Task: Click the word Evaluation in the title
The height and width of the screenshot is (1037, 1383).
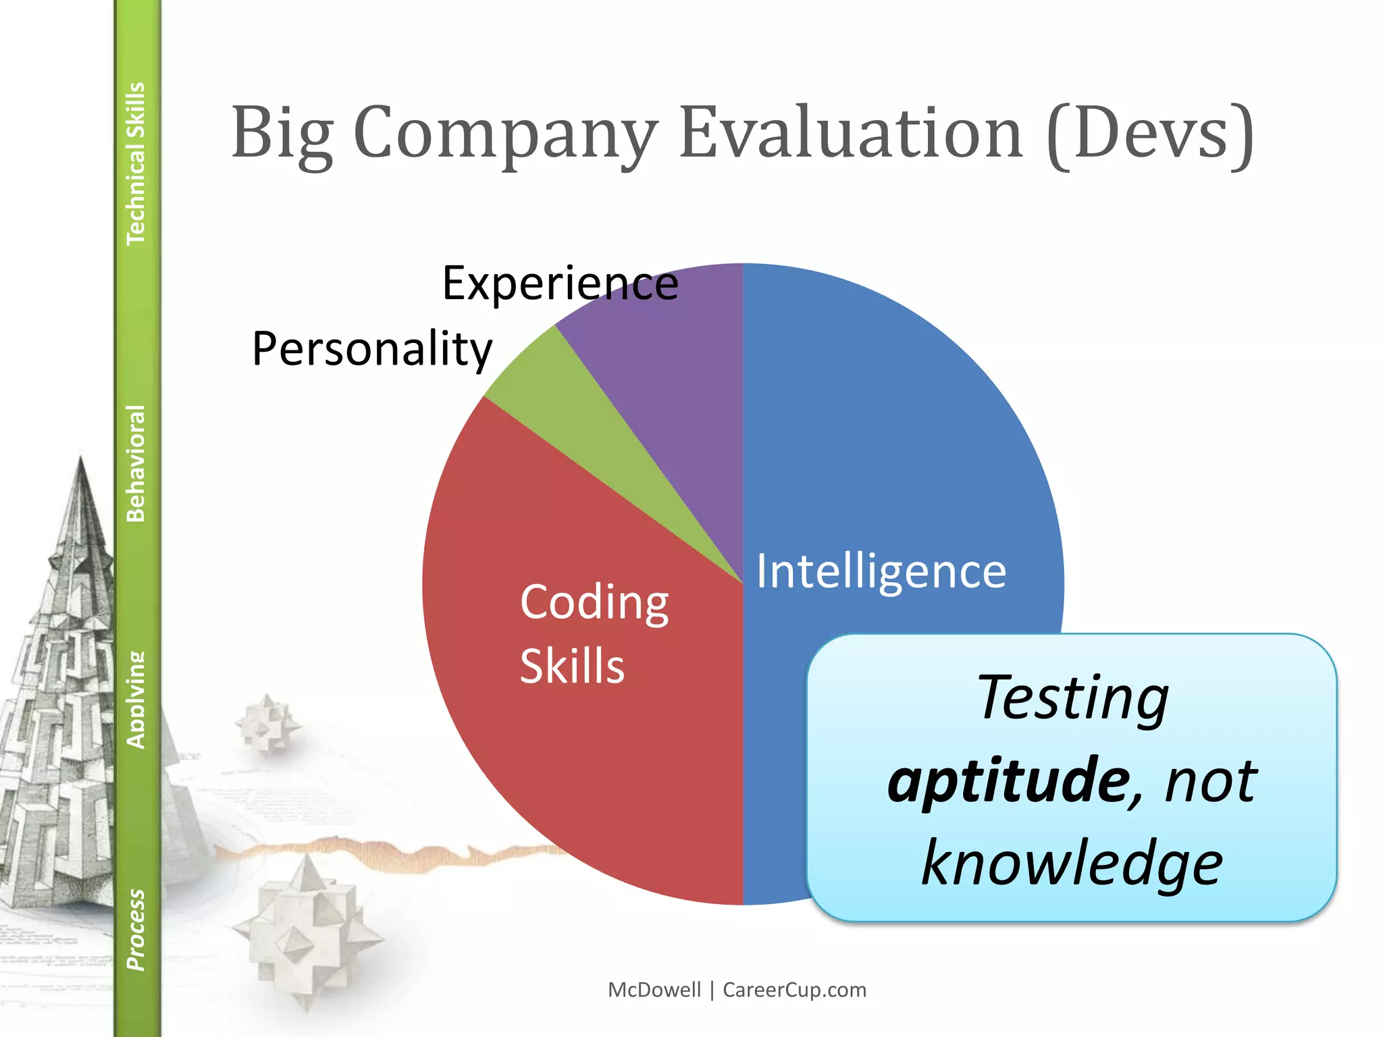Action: pos(851,133)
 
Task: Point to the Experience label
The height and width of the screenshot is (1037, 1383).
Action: pos(560,284)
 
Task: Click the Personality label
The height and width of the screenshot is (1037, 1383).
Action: pos(372,349)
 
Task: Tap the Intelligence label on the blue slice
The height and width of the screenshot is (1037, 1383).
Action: pos(881,572)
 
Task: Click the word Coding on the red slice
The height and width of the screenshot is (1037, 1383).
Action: pos(594,602)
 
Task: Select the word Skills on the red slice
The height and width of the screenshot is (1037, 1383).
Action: pos(572,666)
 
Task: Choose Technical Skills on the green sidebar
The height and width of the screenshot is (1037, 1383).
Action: pos(136,163)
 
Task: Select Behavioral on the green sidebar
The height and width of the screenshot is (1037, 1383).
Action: pos(136,463)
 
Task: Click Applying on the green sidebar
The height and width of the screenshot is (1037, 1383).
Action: pos(136,700)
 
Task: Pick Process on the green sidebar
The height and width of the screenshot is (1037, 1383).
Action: pos(136,930)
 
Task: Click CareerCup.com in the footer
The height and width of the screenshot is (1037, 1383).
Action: pos(794,990)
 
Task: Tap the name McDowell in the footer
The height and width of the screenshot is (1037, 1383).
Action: pos(654,990)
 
